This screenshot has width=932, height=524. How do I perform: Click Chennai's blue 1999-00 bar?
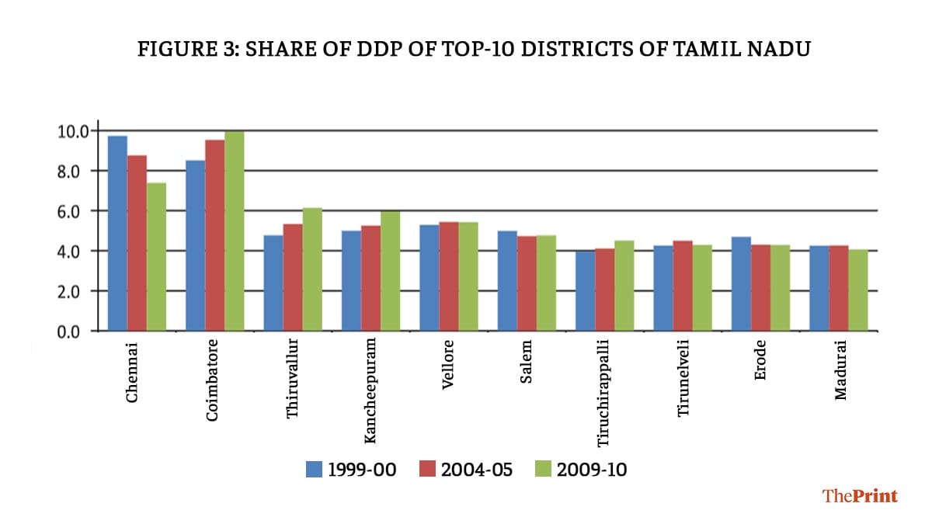pyautogui.click(x=117, y=233)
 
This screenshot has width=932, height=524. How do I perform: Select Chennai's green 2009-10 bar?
pyautogui.click(x=156, y=257)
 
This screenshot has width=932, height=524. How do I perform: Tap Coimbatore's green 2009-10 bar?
pyautogui.click(x=234, y=231)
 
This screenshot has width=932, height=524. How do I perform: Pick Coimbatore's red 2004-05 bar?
pyautogui.click(x=214, y=235)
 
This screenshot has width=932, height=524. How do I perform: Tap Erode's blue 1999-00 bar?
pyautogui.click(x=741, y=284)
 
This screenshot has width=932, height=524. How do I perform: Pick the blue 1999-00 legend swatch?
pyautogui.click(x=314, y=469)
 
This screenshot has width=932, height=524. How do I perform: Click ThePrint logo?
pyautogui.click(x=860, y=495)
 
